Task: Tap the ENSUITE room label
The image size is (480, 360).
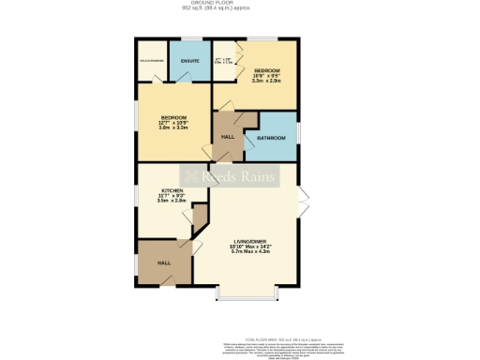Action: tap(189, 62)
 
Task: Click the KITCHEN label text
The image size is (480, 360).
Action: tap(171, 189)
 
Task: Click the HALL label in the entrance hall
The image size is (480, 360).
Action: tap(163, 262)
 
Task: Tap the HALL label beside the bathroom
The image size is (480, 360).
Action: tap(227, 137)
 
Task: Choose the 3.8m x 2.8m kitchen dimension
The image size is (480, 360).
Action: tap(171, 201)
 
